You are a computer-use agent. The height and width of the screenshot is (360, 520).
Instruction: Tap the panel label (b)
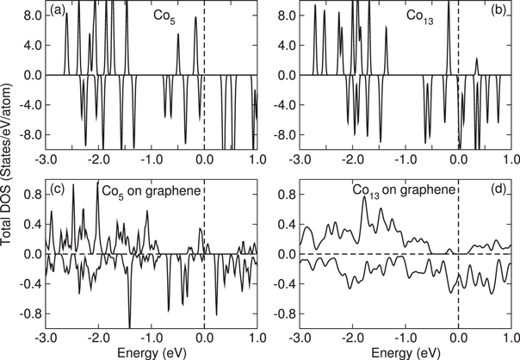pos(497,11)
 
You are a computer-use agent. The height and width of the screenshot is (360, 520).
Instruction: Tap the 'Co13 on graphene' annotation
pos(394,188)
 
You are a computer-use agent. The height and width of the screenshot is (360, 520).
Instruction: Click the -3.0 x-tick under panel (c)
pos(48,337)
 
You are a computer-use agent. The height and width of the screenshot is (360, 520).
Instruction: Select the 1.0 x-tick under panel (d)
pos(511,337)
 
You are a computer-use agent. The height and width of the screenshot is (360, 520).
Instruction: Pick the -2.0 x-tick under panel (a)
pos(100,159)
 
